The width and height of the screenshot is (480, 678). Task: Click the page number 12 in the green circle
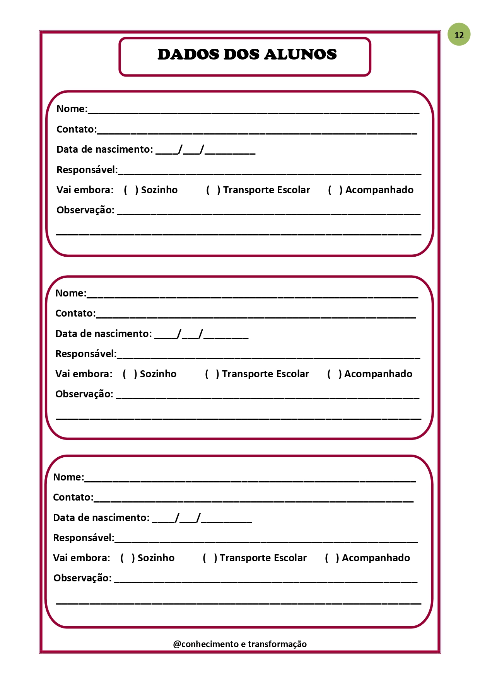tap(459, 35)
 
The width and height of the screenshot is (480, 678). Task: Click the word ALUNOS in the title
tap(300, 55)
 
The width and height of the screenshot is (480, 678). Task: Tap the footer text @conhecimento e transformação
tap(240, 644)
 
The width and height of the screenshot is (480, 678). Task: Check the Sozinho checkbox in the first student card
tap(131, 190)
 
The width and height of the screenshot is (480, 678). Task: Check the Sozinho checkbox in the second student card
tap(130, 374)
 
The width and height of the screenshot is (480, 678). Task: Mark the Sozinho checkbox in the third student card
tap(128, 558)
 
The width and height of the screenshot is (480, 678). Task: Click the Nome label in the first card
tap(72, 109)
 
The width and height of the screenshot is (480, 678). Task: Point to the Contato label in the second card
tap(75, 313)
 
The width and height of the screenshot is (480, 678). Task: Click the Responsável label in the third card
tap(84, 538)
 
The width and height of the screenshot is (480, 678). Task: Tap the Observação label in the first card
tap(85, 210)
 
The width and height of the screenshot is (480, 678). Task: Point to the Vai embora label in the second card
tap(84, 374)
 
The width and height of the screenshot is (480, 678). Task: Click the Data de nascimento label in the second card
tap(104, 334)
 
